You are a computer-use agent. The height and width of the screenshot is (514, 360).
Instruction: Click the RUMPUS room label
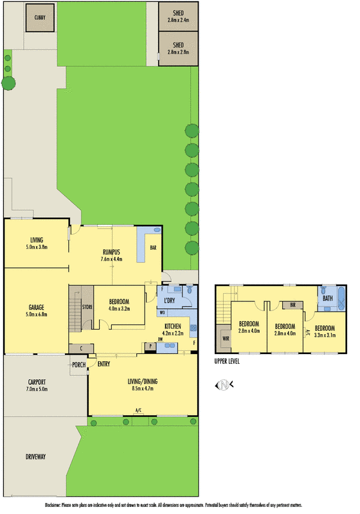click(113, 251)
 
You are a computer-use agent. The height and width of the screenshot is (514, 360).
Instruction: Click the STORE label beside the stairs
click(87, 307)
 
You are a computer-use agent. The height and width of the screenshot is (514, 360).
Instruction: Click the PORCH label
click(78, 365)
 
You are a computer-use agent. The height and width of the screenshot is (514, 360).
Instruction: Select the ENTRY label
click(103, 365)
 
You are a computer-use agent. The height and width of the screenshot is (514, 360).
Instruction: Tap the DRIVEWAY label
click(35, 457)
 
